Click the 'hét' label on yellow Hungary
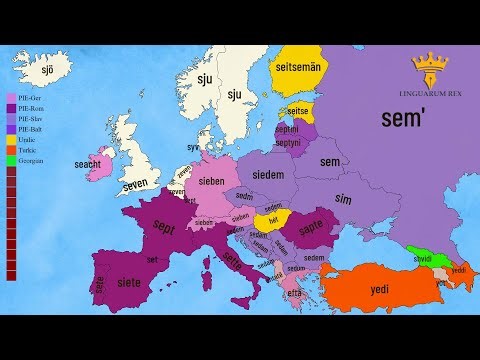point(272,219)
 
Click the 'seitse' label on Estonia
point(297,112)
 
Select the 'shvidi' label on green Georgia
point(424,258)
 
